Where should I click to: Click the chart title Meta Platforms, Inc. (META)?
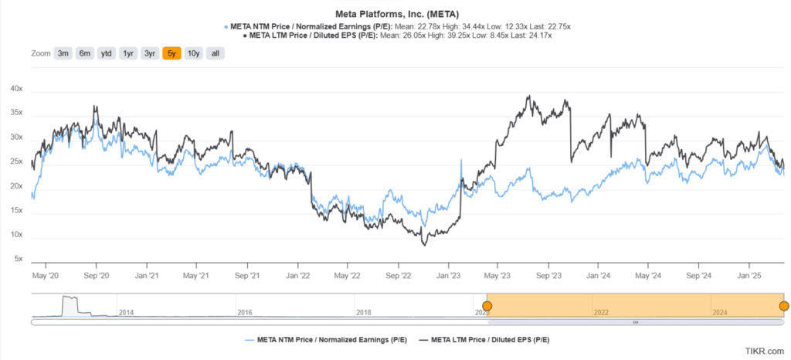pyautogui.click(x=395, y=14)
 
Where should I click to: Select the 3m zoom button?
pyautogui.click(x=63, y=53)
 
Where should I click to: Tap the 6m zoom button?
pyautogui.click(x=85, y=53)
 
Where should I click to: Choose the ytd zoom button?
pyautogui.click(x=107, y=53)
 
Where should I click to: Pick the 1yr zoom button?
pyautogui.click(x=128, y=53)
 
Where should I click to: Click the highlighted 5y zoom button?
pyautogui.click(x=171, y=53)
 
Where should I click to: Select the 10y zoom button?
pyautogui.click(x=193, y=53)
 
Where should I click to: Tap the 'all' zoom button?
pyautogui.click(x=216, y=53)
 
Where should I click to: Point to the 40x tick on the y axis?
pyautogui.click(x=16, y=89)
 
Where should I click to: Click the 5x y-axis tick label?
pyautogui.click(x=19, y=259)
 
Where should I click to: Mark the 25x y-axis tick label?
pyautogui.click(x=16, y=161)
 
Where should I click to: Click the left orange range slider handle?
pyautogui.click(x=487, y=307)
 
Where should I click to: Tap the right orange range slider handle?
pyautogui.click(x=784, y=307)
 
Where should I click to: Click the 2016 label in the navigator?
pyautogui.click(x=245, y=312)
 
